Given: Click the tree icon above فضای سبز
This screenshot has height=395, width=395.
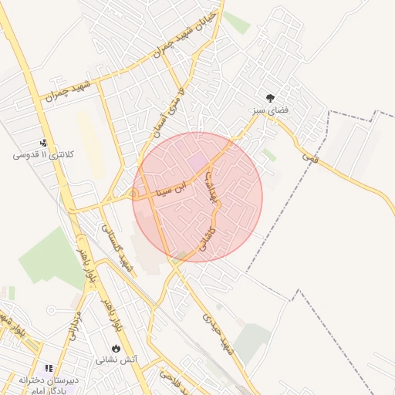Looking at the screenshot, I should tap(271, 98).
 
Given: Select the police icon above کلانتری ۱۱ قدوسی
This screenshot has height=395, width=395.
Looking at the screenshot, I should tap(44, 142).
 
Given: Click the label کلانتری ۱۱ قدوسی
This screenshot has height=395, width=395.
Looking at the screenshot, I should tap(43, 155).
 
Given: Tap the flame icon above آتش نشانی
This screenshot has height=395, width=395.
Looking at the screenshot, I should tap(116, 348).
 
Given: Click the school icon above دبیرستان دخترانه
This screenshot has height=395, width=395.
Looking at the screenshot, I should tap(49, 370).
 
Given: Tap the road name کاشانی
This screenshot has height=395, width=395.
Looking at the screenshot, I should tap(208, 231).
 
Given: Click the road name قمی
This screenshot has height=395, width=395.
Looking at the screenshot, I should tap(309, 156).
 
